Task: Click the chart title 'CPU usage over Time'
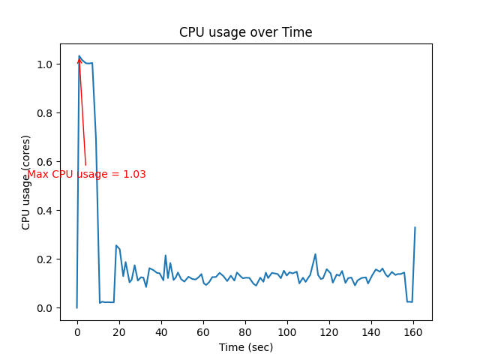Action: tap(245, 32)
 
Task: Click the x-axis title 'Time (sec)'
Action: tap(245, 347)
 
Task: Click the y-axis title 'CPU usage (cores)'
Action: tap(26, 182)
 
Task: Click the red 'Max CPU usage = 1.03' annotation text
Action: tap(86, 175)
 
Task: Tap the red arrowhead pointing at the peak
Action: tap(79, 60)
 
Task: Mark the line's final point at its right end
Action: tap(415, 227)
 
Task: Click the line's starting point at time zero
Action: tap(77, 307)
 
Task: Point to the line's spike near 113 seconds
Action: tap(315, 254)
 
